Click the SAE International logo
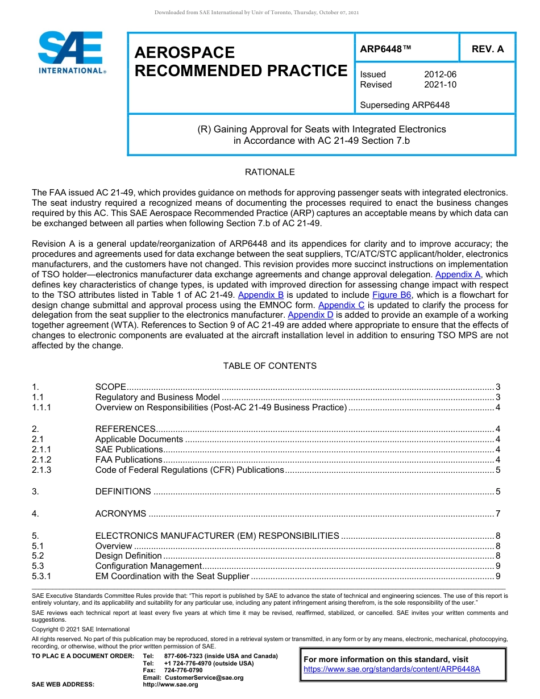[x=70, y=52]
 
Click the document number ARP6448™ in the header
[x=385, y=49]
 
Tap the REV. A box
[x=487, y=49]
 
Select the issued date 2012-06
[x=440, y=74]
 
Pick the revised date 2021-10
[x=440, y=85]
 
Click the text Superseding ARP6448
[x=405, y=105]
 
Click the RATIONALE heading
[x=269, y=172]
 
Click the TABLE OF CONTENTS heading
[x=269, y=366]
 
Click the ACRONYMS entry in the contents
[x=121, y=514]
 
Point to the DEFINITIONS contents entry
[x=123, y=492]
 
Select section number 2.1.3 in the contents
[x=41, y=470]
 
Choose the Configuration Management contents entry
[x=148, y=566]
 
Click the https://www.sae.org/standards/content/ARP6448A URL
[x=392, y=669]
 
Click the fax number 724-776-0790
[x=183, y=670]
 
